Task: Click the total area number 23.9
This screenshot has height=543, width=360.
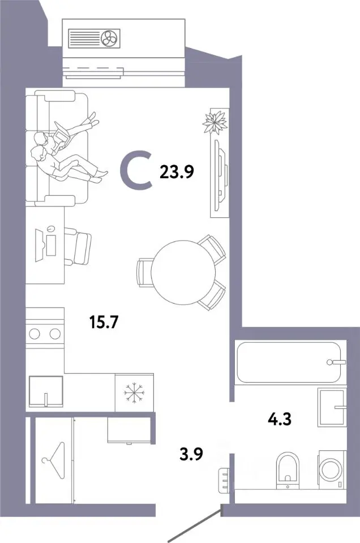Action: tap(177, 171)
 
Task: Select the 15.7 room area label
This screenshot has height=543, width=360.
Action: tap(104, 322)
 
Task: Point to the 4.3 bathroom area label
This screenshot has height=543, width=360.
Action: tap(279, 419)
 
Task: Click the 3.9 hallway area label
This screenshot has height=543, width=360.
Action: tap(191, 454)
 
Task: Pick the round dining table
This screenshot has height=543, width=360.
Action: tap(183, 272)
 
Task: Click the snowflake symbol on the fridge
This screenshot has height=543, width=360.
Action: tap(135, 393)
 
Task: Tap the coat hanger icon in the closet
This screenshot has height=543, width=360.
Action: tap(53, 460)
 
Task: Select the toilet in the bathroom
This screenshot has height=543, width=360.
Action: tap(288, 470)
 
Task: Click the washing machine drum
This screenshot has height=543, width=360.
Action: tap(331, 469)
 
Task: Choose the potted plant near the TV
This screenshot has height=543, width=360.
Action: tap(215, 122)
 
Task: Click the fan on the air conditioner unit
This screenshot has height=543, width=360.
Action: tap(110, 37)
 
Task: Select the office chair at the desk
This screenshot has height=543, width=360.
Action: tap(78, 246)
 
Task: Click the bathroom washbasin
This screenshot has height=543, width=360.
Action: tap(332, 407)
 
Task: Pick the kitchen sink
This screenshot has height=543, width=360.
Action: tap(46, 391)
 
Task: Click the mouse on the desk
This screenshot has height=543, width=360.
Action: tap(50, 228)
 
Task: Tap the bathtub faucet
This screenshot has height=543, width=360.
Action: tap(336, 362)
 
